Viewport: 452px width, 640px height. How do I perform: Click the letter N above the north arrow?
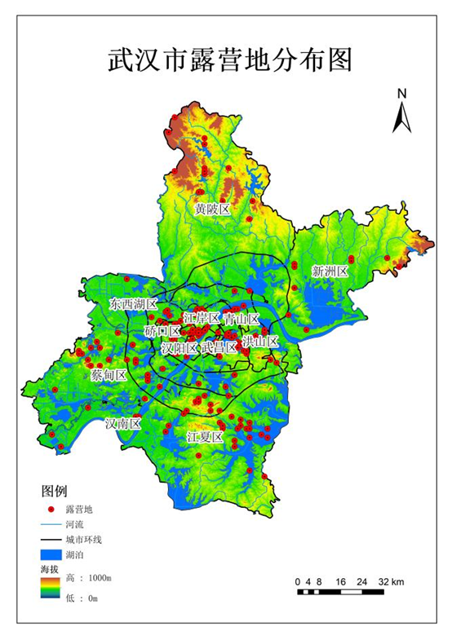point(401,94)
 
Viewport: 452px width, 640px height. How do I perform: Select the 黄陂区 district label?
point(212,209)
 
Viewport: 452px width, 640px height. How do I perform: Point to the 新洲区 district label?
point(330,271)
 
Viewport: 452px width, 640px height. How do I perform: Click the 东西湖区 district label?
point(133,303)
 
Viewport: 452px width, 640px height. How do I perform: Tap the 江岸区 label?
point(202,318)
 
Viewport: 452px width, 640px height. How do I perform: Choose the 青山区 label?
point(242,319)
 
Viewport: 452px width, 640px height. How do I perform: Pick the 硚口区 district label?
point(162,331)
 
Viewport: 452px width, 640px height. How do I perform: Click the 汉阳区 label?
point(179,348)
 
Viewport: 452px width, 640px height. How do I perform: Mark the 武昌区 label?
point(219,347)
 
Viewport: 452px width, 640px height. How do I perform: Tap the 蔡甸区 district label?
point(109,375)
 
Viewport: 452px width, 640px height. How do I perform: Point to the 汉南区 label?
point(123,423)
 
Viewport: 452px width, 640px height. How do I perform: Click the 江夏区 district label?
point(205,437)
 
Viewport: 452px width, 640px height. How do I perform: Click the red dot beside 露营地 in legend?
point(51,509)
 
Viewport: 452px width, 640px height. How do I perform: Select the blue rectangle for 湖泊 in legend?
point(51,554)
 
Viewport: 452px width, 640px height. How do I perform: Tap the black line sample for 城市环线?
point(51,539)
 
